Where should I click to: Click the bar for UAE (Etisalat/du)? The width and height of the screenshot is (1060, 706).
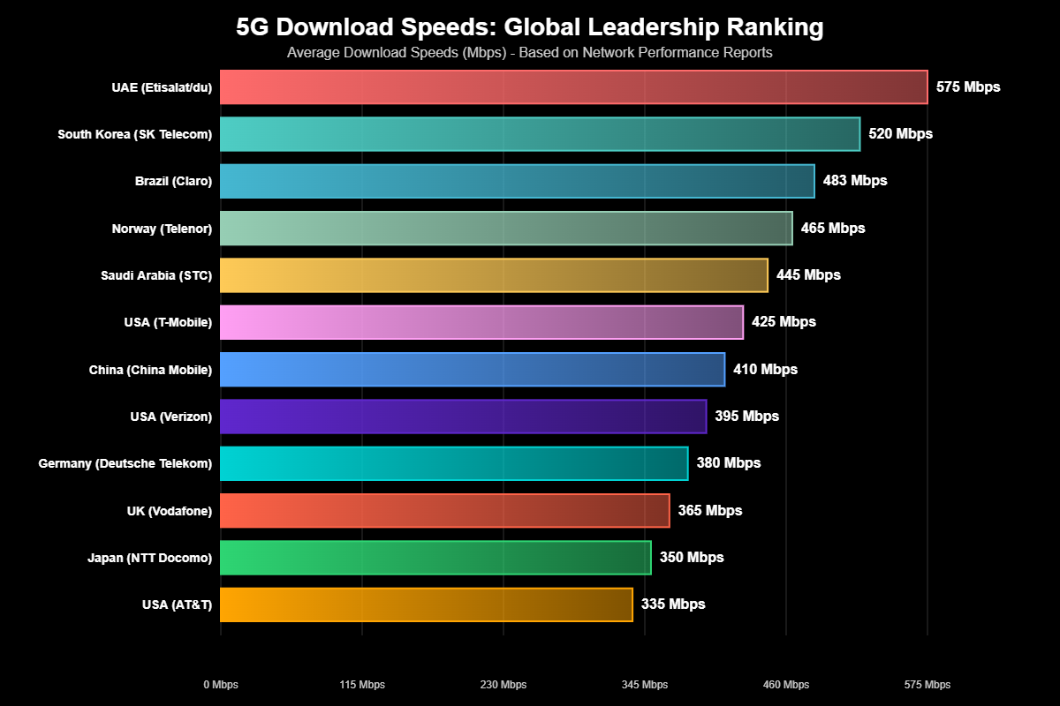point(573,87)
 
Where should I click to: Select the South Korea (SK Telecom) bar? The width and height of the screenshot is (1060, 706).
point(540,134)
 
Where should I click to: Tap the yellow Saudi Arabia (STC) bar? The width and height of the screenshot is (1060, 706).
point(494,275)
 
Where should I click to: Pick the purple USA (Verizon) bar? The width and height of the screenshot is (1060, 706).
point(463,417)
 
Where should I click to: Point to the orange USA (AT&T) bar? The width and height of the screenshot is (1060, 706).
point(426,605)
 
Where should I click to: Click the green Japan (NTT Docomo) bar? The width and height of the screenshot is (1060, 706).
point(435,558)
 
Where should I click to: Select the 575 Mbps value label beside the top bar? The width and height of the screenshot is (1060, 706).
point(968,87)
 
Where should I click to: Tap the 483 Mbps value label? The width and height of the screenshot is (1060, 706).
point(855,181)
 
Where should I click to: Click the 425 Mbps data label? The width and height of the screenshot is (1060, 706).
point(784,322)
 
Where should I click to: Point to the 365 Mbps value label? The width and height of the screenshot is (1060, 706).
point(710,511)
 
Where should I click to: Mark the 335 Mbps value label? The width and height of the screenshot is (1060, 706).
point(673,605)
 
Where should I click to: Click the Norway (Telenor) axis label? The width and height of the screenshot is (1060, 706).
point(162,229)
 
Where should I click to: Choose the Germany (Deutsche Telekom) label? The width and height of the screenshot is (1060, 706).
point(125,463)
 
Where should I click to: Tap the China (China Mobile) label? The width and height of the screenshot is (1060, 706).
point(151,370)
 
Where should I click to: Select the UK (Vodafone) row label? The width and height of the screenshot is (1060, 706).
point(170,511)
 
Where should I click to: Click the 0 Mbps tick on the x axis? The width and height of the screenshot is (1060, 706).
point(221,685)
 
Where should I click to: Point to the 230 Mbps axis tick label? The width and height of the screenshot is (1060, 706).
point(503,685)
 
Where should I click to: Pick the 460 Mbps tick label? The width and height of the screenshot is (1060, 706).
point(786,685)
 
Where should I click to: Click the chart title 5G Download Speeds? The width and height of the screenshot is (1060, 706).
point(530,28)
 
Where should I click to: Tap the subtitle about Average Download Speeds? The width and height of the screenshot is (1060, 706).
point(530,53)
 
